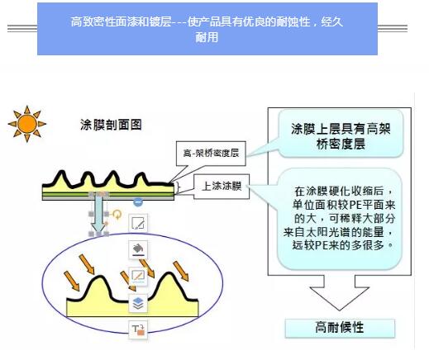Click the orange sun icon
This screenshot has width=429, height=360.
(26, 124)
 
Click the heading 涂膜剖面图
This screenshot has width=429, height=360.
(111, 125)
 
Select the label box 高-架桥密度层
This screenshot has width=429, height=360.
(211, 154)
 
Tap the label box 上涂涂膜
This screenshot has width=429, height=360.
(222, 187)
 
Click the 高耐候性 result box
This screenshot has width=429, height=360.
(340, 328)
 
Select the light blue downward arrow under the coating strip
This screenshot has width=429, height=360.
(98, 213)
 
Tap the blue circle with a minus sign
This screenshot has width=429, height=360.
(138, 202)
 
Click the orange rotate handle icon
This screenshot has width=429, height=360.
(117, 214)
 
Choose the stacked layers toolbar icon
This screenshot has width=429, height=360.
(138, 303)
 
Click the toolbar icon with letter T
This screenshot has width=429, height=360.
(138, 329)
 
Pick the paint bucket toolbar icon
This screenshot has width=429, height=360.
(138, 249)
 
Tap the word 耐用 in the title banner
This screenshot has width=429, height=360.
(207, 37)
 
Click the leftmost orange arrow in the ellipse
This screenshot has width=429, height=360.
(72, 281)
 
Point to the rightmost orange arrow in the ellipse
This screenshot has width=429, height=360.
(181, 271)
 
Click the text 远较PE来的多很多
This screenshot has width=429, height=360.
(338, 244)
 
